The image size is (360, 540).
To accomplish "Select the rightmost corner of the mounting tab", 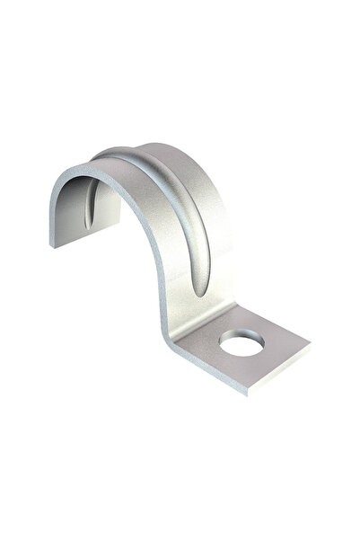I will point(311,342).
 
